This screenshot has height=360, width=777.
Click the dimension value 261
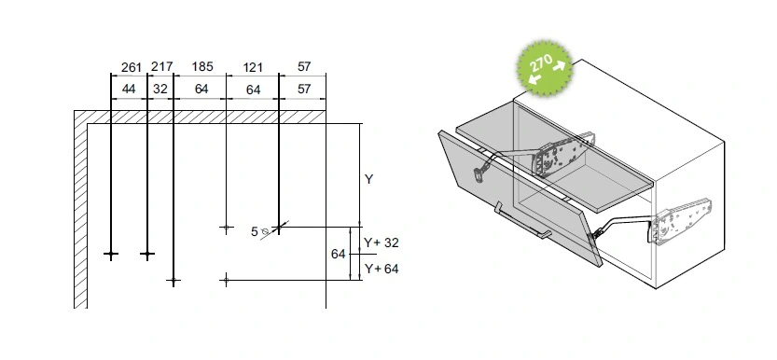tap(132, 67)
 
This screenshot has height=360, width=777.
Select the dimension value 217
tap(162, 66)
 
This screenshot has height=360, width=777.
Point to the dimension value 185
tap(202, 66)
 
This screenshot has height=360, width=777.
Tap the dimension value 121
tap(253, 67)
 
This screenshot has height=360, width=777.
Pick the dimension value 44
tap(129, 90)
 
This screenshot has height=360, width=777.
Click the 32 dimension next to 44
tap(160, 90)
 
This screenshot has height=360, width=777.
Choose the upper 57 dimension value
tap(304, 66)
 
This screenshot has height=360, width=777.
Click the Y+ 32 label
tap(382, 242)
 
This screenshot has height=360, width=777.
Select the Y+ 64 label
tap(382, 269)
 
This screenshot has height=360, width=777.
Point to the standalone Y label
tap(368, 179)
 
